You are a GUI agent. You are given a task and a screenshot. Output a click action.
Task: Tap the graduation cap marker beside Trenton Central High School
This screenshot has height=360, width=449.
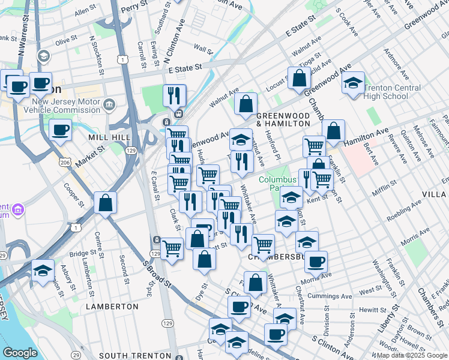tap(353, 83)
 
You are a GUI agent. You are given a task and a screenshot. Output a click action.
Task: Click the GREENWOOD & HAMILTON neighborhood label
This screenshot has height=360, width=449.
tap(283, 118)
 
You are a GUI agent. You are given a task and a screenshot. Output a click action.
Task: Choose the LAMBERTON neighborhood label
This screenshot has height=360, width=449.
tap(112, 306)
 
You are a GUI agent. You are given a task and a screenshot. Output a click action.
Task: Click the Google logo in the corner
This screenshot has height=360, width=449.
tap(20, 353)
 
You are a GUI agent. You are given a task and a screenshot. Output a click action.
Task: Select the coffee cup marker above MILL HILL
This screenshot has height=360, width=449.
tap(60, 130)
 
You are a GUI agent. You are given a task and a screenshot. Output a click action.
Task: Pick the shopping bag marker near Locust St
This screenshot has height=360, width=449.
tap(298, 79)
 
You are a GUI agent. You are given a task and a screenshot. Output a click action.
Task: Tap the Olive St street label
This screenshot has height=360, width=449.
tap(66, 42)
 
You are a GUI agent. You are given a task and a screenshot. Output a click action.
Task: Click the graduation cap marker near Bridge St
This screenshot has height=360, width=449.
tap(43, 271)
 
